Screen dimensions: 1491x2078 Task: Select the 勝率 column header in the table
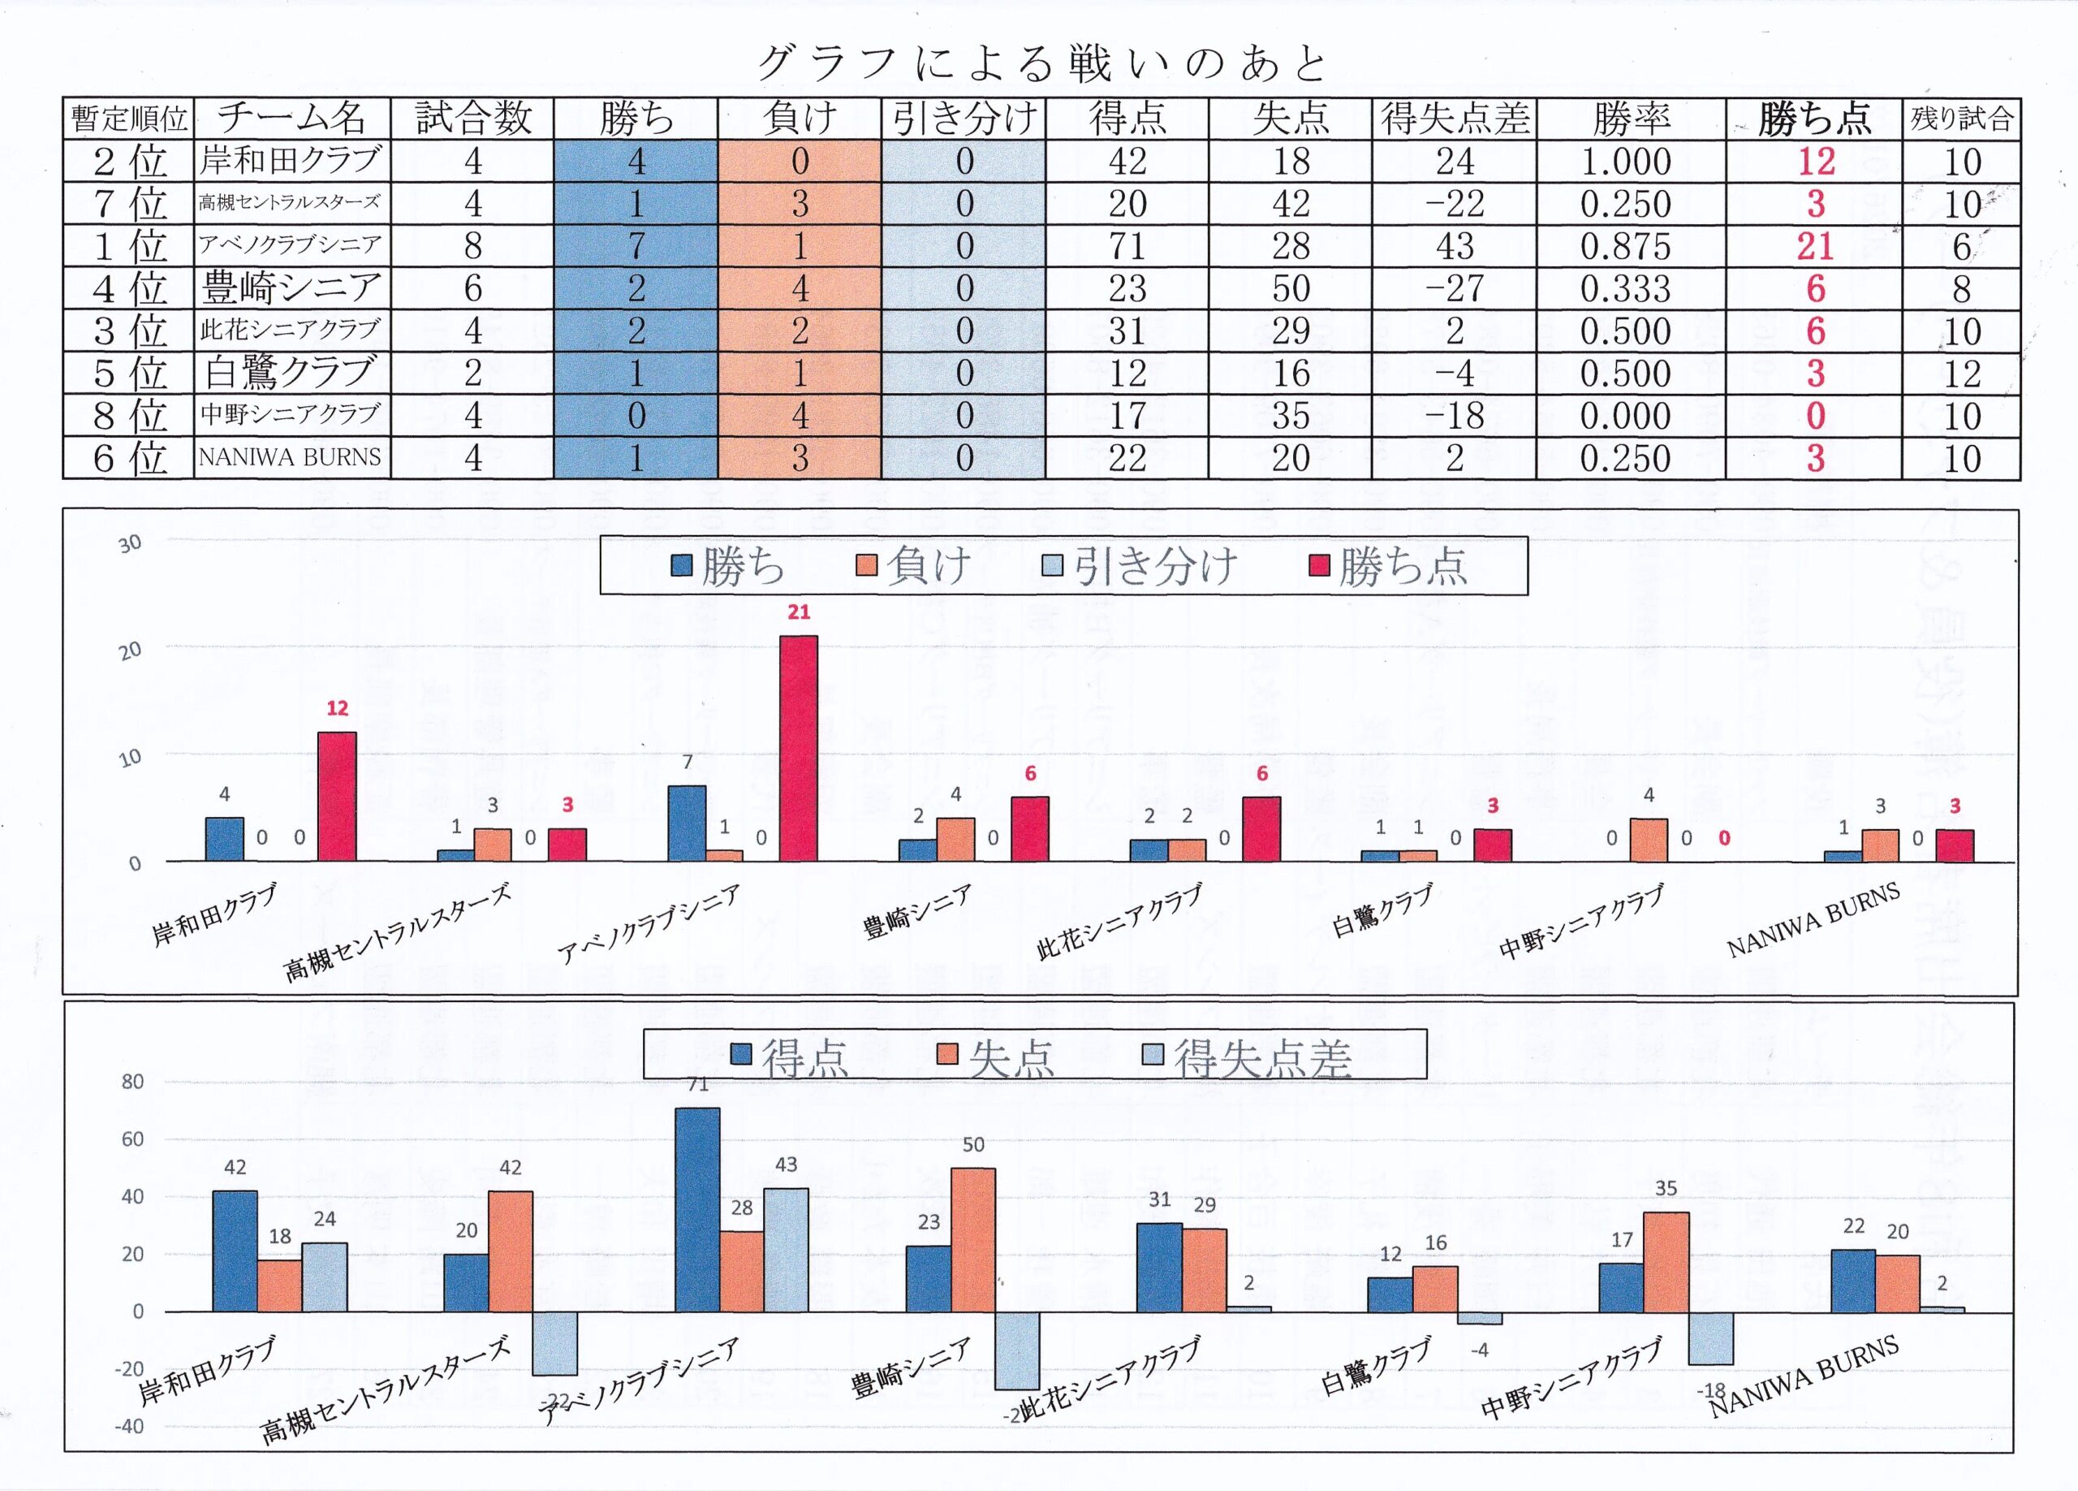pos(1631,119)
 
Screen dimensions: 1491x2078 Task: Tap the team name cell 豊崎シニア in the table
pos(291,287)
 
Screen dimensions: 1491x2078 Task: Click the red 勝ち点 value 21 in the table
pos(1814,245)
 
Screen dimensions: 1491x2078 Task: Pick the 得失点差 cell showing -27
pos(1454,287)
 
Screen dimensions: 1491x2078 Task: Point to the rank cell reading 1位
pos(129,245)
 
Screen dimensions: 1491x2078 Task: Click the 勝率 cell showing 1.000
pos(1627,162)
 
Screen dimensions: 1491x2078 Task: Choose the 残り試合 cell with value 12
pos(1961,373)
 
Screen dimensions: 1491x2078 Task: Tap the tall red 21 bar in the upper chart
pos(798,748)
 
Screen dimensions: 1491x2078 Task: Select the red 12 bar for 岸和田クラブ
pos(336,796)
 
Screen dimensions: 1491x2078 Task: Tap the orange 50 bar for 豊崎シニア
pos(973,1239)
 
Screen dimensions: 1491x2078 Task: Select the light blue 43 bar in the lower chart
pos(785,1249)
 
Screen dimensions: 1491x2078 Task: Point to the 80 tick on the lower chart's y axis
pos(133,1082)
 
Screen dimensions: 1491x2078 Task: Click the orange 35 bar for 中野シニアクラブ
pos(1666,1261)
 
